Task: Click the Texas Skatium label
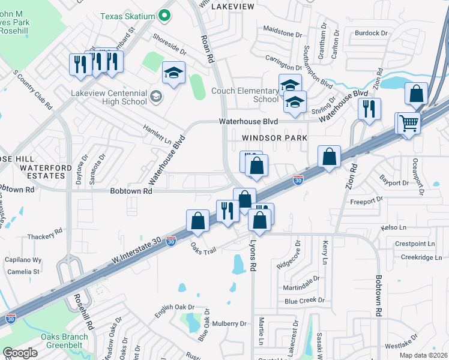[x=127, y=16]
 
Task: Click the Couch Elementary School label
[x=245, y=95]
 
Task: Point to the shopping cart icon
[x=409, y=124]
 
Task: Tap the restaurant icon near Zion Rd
[x=369, y=109]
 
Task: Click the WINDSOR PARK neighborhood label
[x=274, y=138]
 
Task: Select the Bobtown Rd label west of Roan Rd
[x=131, y=191]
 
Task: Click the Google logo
[x=20, y=353]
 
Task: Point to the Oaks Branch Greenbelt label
[x=64, y=341]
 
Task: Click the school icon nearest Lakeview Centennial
[x=174, y=73]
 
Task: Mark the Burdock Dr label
[x=367, y=33]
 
